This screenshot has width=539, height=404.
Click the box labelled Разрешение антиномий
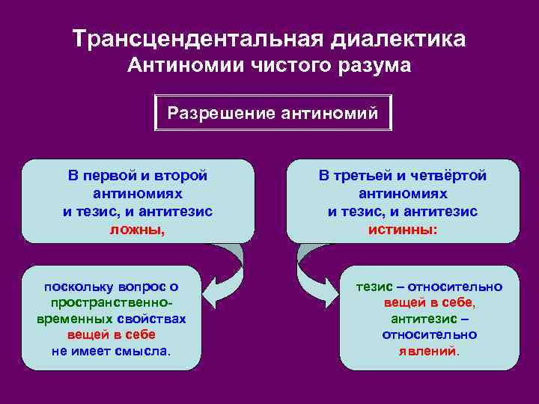tap(272, 113)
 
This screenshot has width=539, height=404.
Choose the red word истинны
tap(401, 230)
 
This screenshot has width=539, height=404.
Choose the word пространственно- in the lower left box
tap(112, 303)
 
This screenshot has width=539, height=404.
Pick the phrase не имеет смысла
tap(110, 351)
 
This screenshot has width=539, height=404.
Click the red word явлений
tap(427, 351)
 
